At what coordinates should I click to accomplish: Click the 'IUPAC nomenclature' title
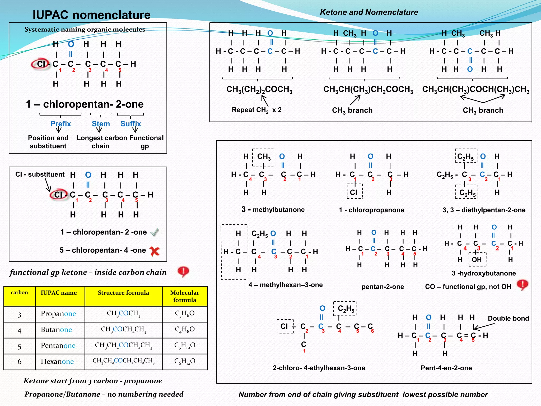[91, 15]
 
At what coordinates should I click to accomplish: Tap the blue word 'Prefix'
[60, 124]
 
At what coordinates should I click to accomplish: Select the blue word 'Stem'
[101, 124]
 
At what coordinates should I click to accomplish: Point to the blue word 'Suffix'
[131, 124]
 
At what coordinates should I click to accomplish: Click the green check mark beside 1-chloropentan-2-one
[155, 232]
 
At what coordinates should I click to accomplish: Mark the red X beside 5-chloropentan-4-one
[155, 251]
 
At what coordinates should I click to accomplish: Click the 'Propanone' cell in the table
[58, 314]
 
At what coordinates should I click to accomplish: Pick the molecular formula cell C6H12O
[185, 361]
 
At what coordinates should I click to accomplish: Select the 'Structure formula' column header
[123, 293]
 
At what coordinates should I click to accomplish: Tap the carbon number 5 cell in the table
[19, 346]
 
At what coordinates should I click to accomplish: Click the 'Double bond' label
[508, 318]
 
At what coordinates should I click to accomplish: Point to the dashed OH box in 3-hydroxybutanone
[477, 260]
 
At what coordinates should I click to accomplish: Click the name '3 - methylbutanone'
[273, 210]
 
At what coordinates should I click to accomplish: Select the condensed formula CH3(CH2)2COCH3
[259, 90]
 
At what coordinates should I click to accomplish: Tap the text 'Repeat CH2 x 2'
[256, 110]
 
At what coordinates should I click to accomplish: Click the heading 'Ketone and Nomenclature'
[369, 12]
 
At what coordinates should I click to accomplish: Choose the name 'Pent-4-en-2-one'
[446, 368]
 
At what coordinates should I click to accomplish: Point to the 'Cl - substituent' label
[40, 174]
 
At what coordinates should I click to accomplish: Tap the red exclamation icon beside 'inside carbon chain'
[183, 271]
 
